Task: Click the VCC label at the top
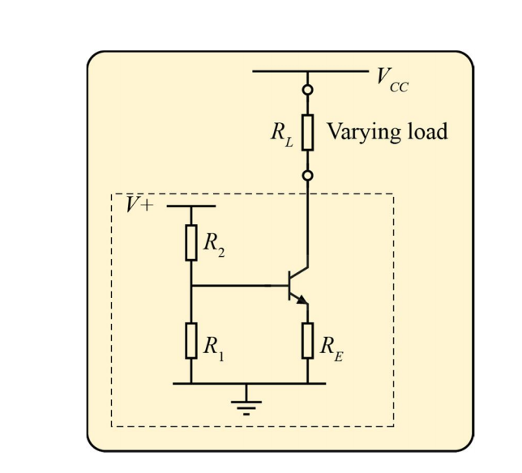tap(391, 79)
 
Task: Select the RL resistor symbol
tap(308, 132)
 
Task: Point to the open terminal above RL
tap(308, 90)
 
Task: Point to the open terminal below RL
tap(308, 175)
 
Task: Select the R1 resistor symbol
tap(191, 340)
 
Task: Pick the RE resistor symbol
tap(308, 340)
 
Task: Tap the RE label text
tap(330, 347)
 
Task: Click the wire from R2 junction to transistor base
tap(239, 286)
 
